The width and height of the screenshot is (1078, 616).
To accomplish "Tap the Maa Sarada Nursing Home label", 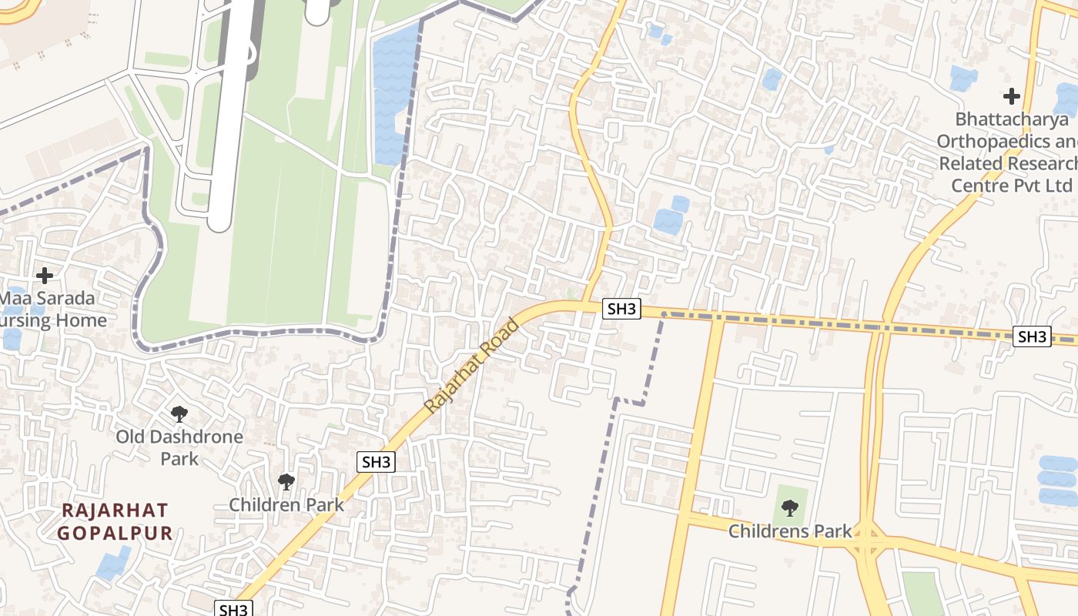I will click(50, 309).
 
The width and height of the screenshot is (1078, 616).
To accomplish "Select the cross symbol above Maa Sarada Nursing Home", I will click(45, 275).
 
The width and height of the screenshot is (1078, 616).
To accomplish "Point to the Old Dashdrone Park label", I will click(179, 447).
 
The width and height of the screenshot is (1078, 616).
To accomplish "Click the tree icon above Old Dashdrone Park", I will click(179, 414).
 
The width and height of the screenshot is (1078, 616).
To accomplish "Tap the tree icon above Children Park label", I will click(286, 482).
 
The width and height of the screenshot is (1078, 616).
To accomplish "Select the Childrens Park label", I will click(790, 531).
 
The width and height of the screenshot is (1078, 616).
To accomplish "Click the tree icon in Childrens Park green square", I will click(790, 508).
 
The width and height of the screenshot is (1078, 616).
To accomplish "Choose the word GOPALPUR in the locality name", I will click(115, 533).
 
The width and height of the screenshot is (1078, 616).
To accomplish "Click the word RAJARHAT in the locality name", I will click(115, 510).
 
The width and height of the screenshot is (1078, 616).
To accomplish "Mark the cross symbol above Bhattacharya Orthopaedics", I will click(1012, 96).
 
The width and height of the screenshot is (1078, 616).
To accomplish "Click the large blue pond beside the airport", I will click(394, 92).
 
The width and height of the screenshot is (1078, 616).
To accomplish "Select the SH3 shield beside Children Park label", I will click(377, 462).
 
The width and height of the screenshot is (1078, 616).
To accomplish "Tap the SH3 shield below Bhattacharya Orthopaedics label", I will click(1032, 336).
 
